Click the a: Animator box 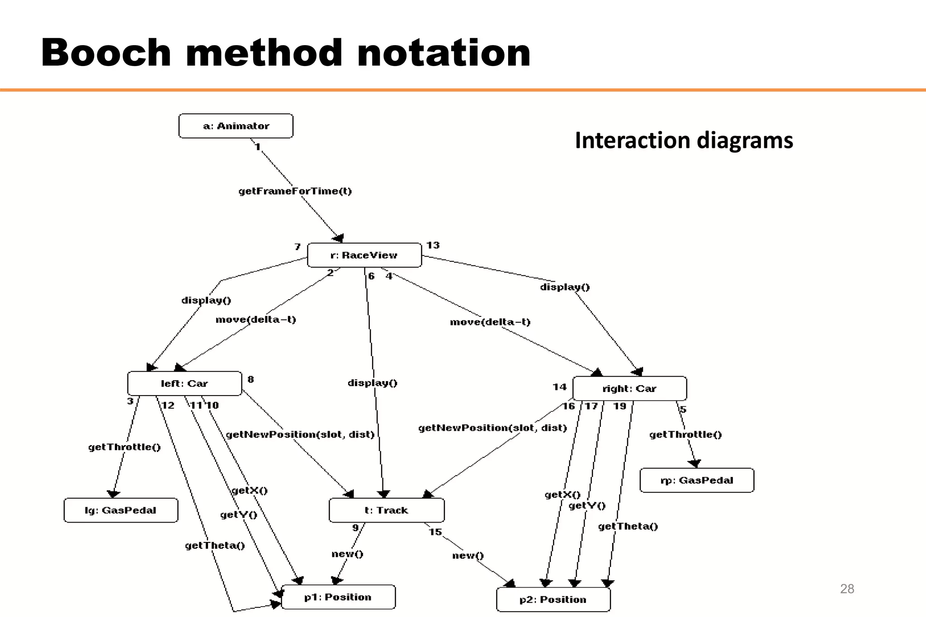coord(236,126)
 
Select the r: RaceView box coord(364,255)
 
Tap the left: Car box coord(184,384)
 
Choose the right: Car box coord(629,389)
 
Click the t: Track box coord(387,510)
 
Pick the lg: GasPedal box coord(121,510)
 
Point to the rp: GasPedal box coord(697,480)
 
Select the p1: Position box coord(338,597)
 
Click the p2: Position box coord(553,600)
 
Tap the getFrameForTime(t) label coord(295,191)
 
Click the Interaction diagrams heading coord(684,140)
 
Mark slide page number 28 coord(847,589)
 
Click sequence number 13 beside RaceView coord(433,245)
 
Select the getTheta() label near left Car coord(215,546)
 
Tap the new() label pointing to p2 coord(468,556)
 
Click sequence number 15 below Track coord(435,532)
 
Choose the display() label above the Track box coord(373,383)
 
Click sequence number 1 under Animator coord(257,147)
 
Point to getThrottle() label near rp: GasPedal coord(685,434)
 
